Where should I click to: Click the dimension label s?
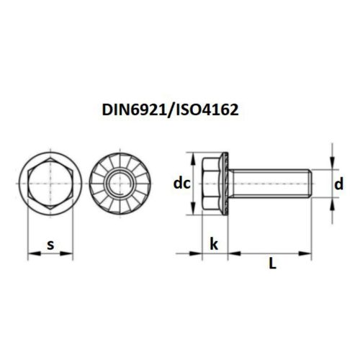[50, 245]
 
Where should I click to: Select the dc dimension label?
[181, 184]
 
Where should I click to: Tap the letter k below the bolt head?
[214, 245]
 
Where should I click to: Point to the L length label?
[272, 264]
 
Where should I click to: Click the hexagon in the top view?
[50, 184]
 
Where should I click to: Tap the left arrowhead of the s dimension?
[31, 253]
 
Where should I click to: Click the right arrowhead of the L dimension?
[308, 253]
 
